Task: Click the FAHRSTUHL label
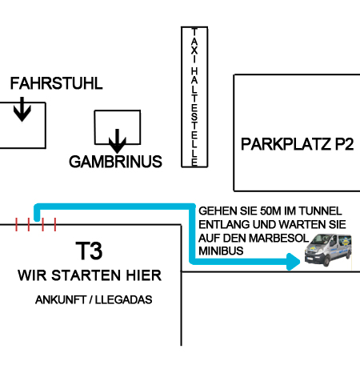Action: tap(56, 83)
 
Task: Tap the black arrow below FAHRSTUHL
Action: tap(22, 109)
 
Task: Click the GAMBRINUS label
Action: tap(115, 162)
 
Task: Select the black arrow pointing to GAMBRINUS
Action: tap(118, 141)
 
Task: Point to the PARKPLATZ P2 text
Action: tap(298, 144)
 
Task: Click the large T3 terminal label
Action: tap(89, 251)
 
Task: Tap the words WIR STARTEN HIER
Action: tap(90, 275)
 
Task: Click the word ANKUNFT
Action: tap(61, 299)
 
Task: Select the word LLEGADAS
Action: tap(124, 299)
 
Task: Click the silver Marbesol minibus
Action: tap(328, 250)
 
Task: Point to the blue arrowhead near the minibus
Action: tap(293, 262)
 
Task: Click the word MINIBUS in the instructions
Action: tap(221, 251)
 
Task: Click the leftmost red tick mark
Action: tap(16, 224)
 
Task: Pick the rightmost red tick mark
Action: tap(55, 224)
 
